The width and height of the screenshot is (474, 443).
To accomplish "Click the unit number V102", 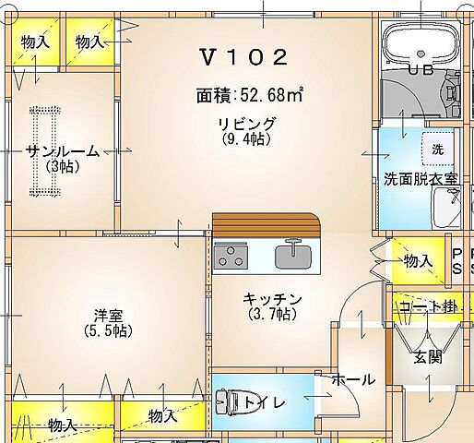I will coord(244,57).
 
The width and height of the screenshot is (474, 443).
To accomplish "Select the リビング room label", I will coord(246,124).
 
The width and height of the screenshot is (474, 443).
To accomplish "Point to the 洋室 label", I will coord(107,314).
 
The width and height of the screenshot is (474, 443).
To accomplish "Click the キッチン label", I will coord(272,299).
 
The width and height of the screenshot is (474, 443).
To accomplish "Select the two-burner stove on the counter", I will coord(231,255).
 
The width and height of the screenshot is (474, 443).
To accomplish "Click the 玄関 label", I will coord(427,356).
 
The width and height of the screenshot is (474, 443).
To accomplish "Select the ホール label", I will coord(353,379).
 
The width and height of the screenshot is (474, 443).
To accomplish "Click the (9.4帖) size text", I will coord(246,139).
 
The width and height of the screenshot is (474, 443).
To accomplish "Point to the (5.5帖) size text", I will coord(107,329).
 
